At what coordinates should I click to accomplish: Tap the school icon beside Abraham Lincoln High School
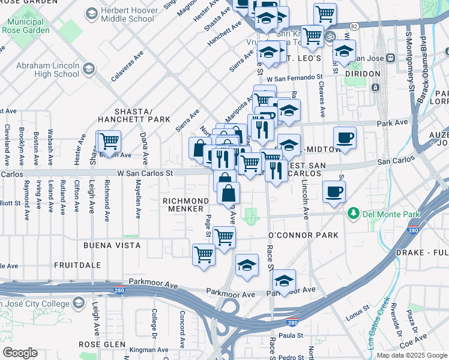pos(88,70)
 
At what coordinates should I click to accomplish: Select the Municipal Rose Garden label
pos(26,24)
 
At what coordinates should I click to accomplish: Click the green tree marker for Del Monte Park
pos(354,212)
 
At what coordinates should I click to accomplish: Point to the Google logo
pos(20,353)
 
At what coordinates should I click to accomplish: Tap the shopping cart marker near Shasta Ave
pos(109,142)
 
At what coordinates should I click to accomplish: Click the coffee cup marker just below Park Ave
pos(345,137)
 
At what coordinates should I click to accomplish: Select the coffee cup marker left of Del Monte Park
pos(333,191)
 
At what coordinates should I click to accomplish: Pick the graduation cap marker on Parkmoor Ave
pos(284,280)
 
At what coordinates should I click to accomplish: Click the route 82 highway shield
pos(354,26)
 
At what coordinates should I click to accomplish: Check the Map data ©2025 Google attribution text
pos(412,355)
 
